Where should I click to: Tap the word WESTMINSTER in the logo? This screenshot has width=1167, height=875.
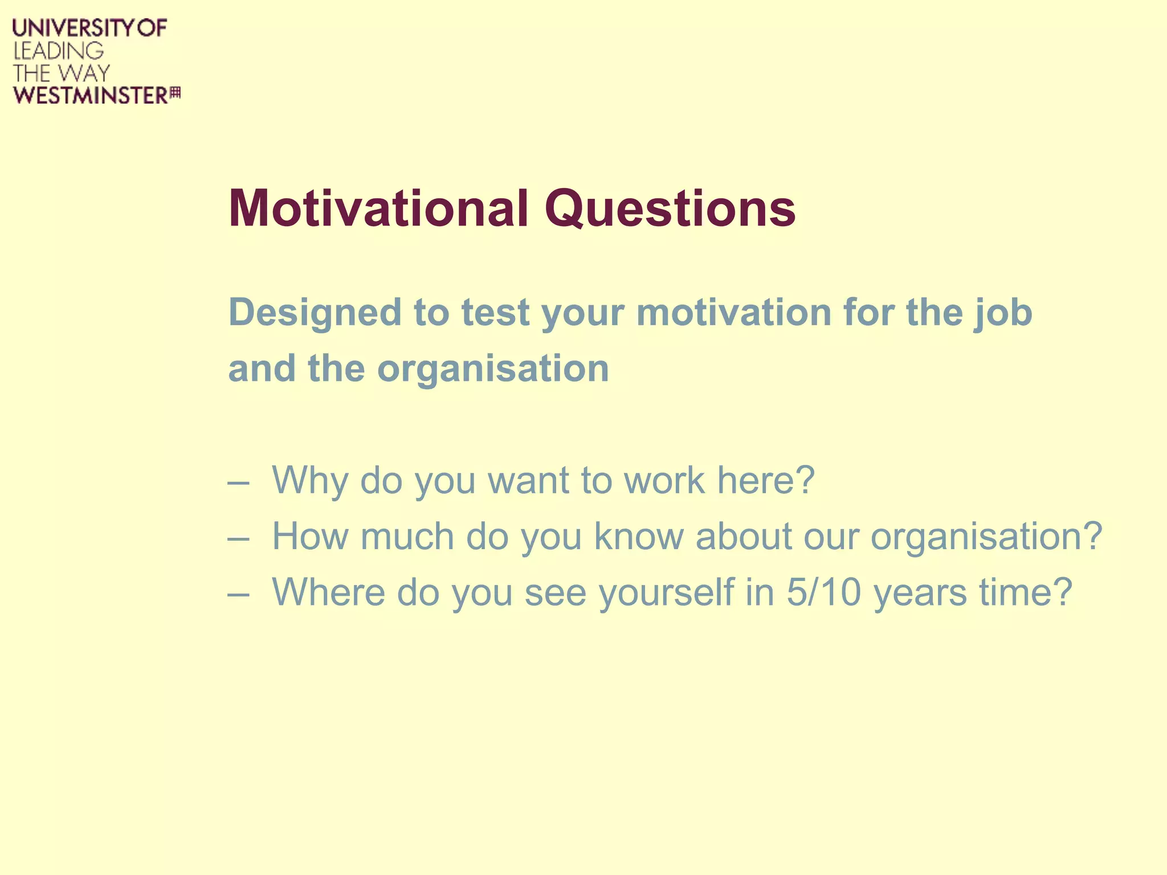click(90, 96)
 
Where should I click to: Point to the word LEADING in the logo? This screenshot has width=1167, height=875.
click(58, 51)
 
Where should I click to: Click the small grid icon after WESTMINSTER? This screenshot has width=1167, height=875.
click(176, 93)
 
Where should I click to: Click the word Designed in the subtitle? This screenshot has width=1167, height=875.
click(315, 313)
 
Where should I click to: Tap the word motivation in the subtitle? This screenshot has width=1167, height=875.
click(734, 313)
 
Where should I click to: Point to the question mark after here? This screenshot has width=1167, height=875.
click(805, 480)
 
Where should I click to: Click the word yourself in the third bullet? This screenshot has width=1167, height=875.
click(666, 592)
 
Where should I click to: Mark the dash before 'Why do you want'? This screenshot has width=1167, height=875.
click(238, 483)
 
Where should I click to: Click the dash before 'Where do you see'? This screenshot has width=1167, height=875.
click(238, 594)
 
